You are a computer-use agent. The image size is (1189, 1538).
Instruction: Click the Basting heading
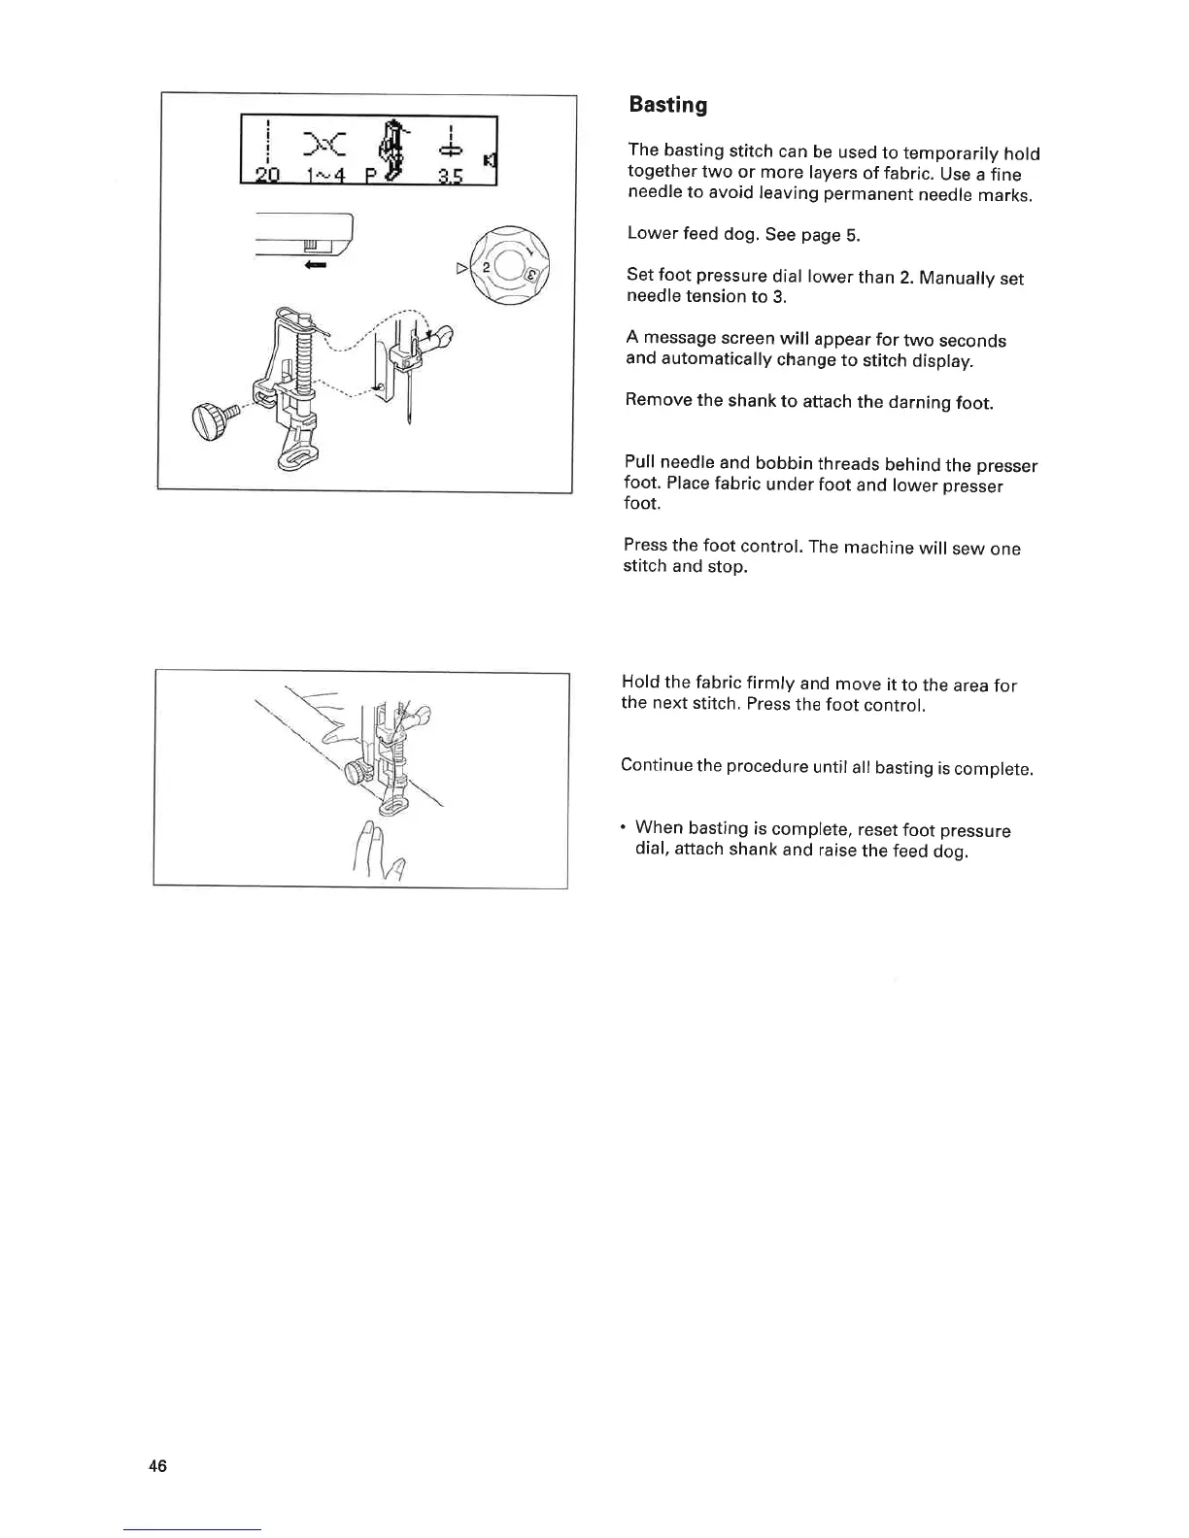(x=667, y=105)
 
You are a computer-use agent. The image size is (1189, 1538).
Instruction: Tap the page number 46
(x=158, y=1465)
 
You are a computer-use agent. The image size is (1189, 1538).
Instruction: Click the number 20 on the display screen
(x=265, y=176)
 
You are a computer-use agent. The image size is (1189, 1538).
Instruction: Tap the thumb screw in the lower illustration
(x=359, y=773)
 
